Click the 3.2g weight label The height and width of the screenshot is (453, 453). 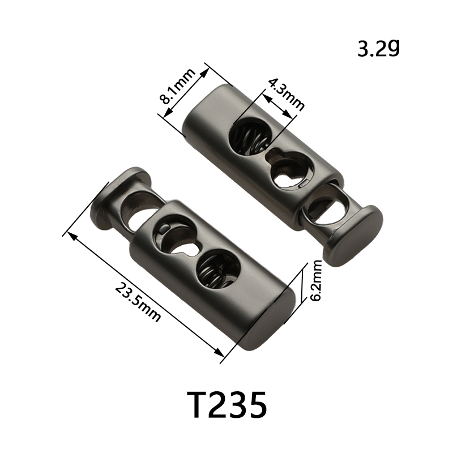pos(379,49)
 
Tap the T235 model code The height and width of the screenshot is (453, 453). pos(227,405)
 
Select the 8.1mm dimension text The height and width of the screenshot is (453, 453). pos(177,87)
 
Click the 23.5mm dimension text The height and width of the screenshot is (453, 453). pos(138,302)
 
